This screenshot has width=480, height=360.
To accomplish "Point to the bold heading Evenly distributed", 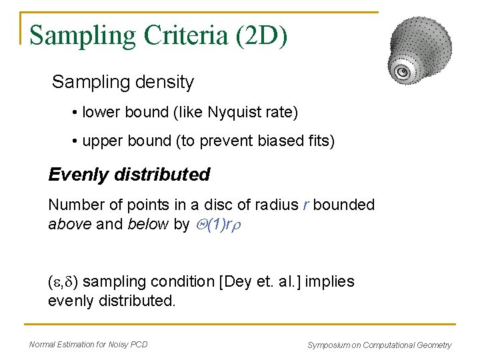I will pyautogui.click(x=129, y=175).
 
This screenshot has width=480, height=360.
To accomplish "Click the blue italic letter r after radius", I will pyautogui.click(x=305, y=205).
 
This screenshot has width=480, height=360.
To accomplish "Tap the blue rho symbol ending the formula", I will pyautogui.click(x=236, y=225).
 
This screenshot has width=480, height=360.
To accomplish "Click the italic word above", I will pyautogui.click(x=70, y=225).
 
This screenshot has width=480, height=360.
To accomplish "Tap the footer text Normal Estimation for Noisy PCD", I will pyautogui.click(x=88, y=345).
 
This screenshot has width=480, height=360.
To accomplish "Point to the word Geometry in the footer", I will pyautogui.click(x=431, y=345).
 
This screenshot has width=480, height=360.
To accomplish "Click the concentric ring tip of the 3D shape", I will pyautogui.click(x=402, y=72).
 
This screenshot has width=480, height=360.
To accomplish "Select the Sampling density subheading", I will pyautogui.click(x=123, y=82).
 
